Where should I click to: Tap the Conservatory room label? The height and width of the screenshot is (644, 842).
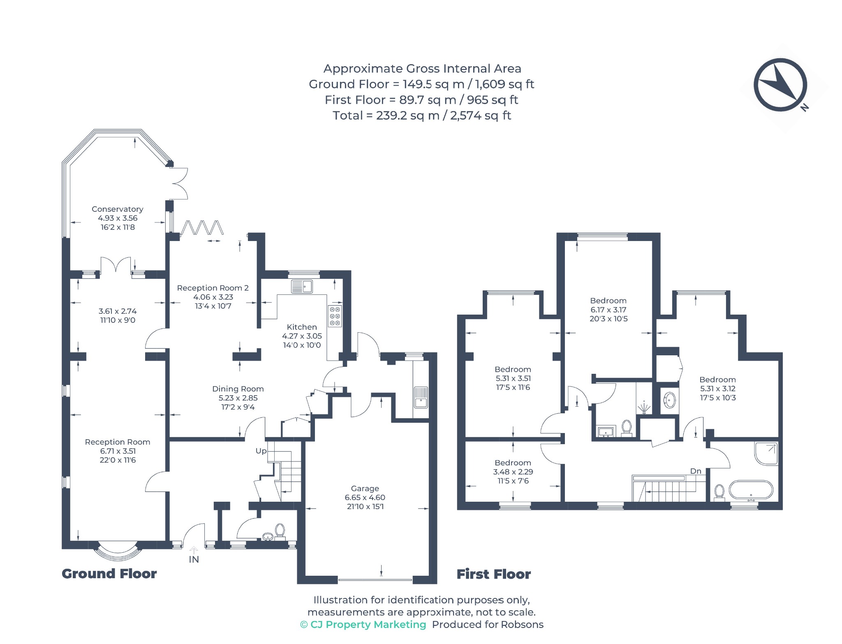(x=117, y=209)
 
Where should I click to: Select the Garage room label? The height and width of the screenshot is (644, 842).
(x=365, y=489)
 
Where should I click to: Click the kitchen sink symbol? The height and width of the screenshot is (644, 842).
(x=302, y=286)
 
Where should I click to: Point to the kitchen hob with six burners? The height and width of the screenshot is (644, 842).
(x=335, y=316)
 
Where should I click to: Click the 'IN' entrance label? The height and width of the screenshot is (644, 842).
(x=194, y=559)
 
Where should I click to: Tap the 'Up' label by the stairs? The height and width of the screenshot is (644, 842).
(x=261, y=451)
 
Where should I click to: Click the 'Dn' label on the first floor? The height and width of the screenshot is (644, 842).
(x=696, y=471)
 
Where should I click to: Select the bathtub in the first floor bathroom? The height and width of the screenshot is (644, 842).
(x=751, y=490)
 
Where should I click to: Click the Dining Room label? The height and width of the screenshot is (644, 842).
(x=238, y=389)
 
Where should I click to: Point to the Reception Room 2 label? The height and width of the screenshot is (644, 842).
(x=213, y=288)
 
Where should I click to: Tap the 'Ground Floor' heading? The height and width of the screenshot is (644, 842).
(x=109, y=574)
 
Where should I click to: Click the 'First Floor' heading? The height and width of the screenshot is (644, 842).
(x=494, y=574)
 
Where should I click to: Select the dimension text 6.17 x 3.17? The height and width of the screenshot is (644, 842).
(x=608, y=310)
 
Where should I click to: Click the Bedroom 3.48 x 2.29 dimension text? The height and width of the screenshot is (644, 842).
(x=513, y=472)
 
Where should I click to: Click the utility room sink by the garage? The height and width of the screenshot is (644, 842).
(x=421, y=398)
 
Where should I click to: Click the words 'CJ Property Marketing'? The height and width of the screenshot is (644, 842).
(x=368, y=625)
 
